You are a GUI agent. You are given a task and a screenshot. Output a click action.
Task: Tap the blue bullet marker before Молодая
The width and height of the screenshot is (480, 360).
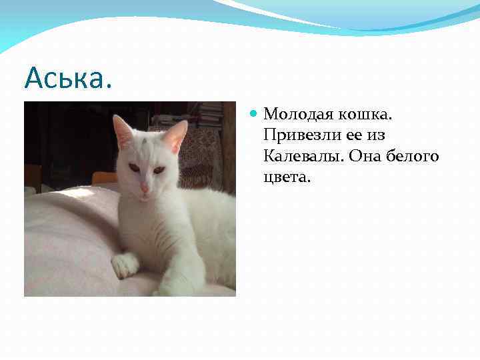point(253,114)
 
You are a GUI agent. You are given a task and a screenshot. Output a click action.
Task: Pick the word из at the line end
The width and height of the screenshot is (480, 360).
point(377,135)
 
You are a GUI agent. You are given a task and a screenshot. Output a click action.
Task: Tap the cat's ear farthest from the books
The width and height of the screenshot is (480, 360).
point(123,131)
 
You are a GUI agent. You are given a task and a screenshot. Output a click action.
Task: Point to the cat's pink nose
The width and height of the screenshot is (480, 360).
point(144,189)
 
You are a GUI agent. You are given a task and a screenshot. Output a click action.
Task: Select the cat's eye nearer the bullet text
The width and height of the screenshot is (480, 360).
point(159,170)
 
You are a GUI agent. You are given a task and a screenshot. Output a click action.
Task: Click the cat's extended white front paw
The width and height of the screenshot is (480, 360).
point(125,265)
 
